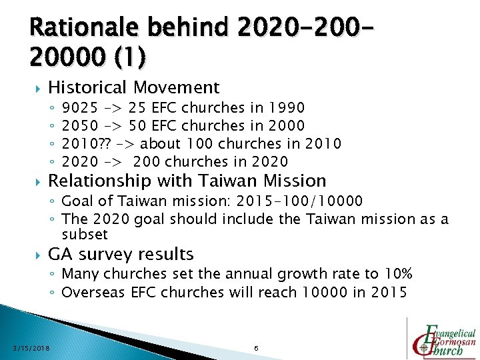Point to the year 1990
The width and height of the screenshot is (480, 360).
point(286,107)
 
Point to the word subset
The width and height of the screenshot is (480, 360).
point(84,234)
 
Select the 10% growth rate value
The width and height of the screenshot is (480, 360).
point(398,274)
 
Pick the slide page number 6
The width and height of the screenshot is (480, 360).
point(256,347)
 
